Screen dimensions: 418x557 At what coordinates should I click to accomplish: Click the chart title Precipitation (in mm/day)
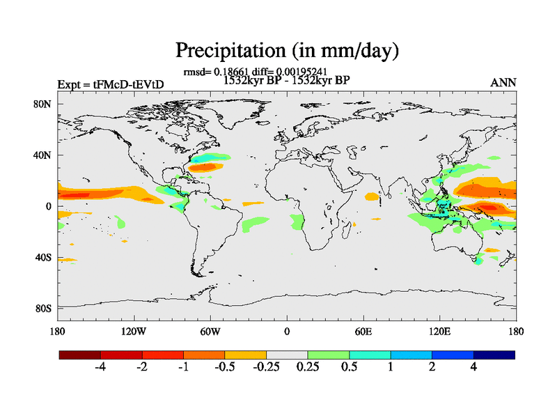(286, 50)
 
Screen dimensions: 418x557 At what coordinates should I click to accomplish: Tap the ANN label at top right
(503, 83)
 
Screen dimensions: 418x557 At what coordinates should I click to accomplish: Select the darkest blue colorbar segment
(494, 355)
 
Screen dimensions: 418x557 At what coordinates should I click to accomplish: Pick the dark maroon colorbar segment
(80, 355)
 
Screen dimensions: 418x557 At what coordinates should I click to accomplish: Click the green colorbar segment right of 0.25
(328, 355)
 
